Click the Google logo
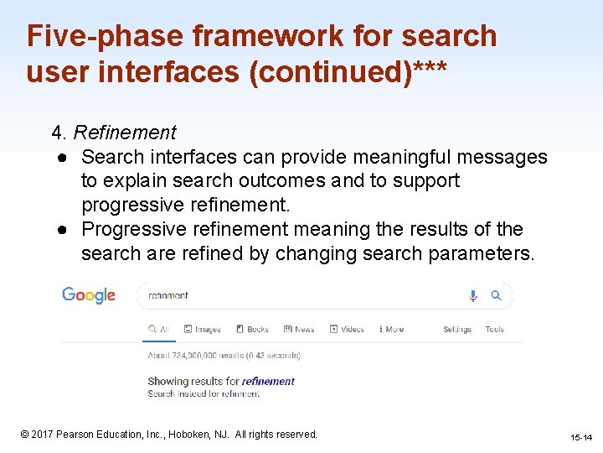pyautogui.click(x=88, y=295)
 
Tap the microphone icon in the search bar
pyautogui.click(x=473, y=295)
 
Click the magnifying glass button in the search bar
pyautogui.click(x=496, y=295)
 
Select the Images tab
pyautogui.click(x=202, y=330)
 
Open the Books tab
pyautogui.click(x=252, y=330)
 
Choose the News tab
pyautogui.click(x=299, y=330)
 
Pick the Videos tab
pyautogui.click(x=347, y=330)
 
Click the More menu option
pyautogui.click(x=390, y=330)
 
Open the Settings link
pyautogui.click(x=456, y=330)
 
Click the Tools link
pyautogui.click(x=494, y=330)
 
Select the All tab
pyautogui.click(x=158, y=330)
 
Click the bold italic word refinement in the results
pyautogui.click(x=268, y=382)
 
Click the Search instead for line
pyautogui.click(x=204, y=393)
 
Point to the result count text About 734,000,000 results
pyautogui.click(x=224, y=356)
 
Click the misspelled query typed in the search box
pyautogui.click(x=168, y=295)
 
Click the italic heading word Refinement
pyautogui.click(x=125, y=133)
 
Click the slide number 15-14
pyautogui.click(x=581, y=438)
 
